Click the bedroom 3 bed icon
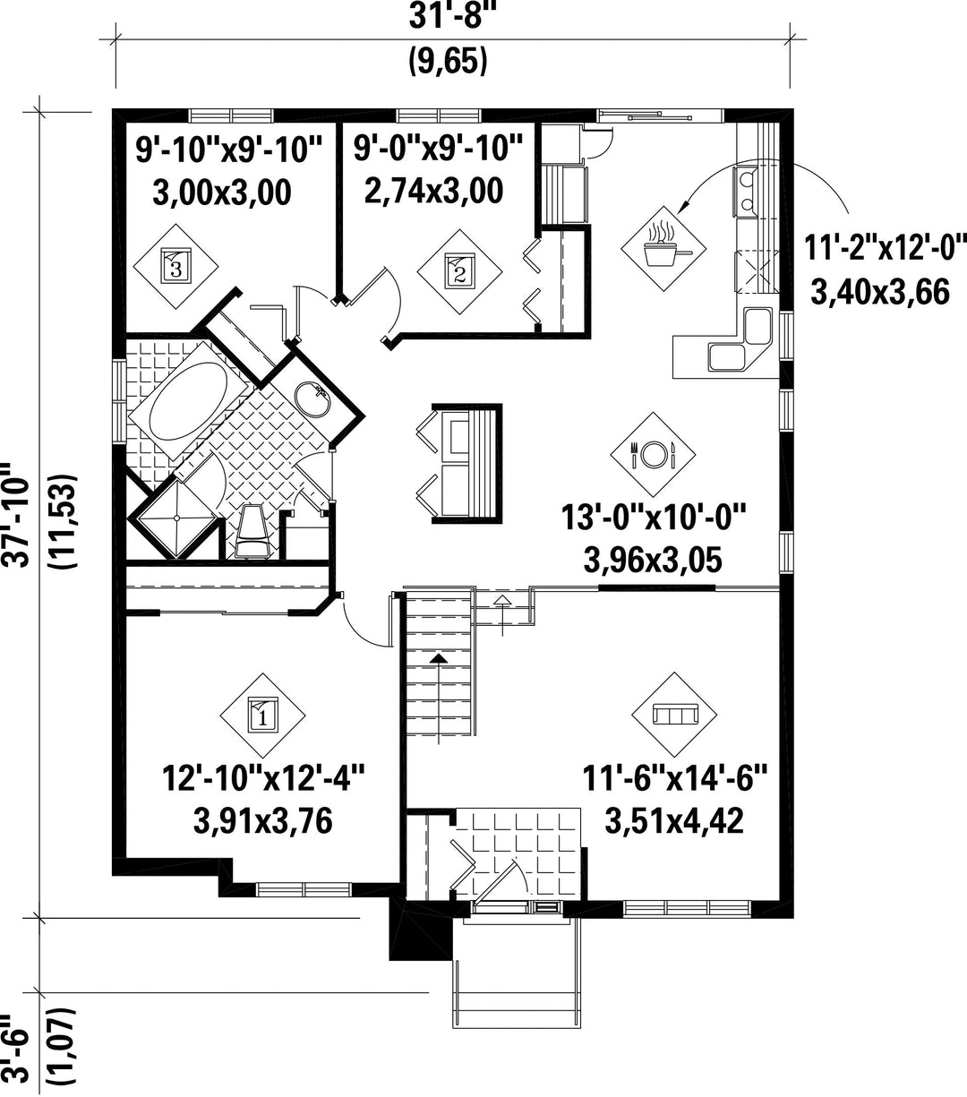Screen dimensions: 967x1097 click(x=176, y=266)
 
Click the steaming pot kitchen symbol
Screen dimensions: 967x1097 click(x=664, y=246)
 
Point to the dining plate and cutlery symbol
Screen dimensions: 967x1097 click(x=653, y=454)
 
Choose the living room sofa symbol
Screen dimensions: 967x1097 click(x=674, y=715)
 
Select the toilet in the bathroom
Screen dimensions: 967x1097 click(x=252, y=531)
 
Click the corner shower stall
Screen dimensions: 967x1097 click(x=176, y=518)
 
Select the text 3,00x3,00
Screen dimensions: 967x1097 click(x=222, y=193)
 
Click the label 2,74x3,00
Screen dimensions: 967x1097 click(x=433, y=191)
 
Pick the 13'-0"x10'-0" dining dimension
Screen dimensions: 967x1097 click(x=653, y=517)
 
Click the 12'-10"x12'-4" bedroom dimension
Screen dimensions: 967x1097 click(x=263, y=778)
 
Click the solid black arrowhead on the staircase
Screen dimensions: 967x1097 click(x=439, y=658)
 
